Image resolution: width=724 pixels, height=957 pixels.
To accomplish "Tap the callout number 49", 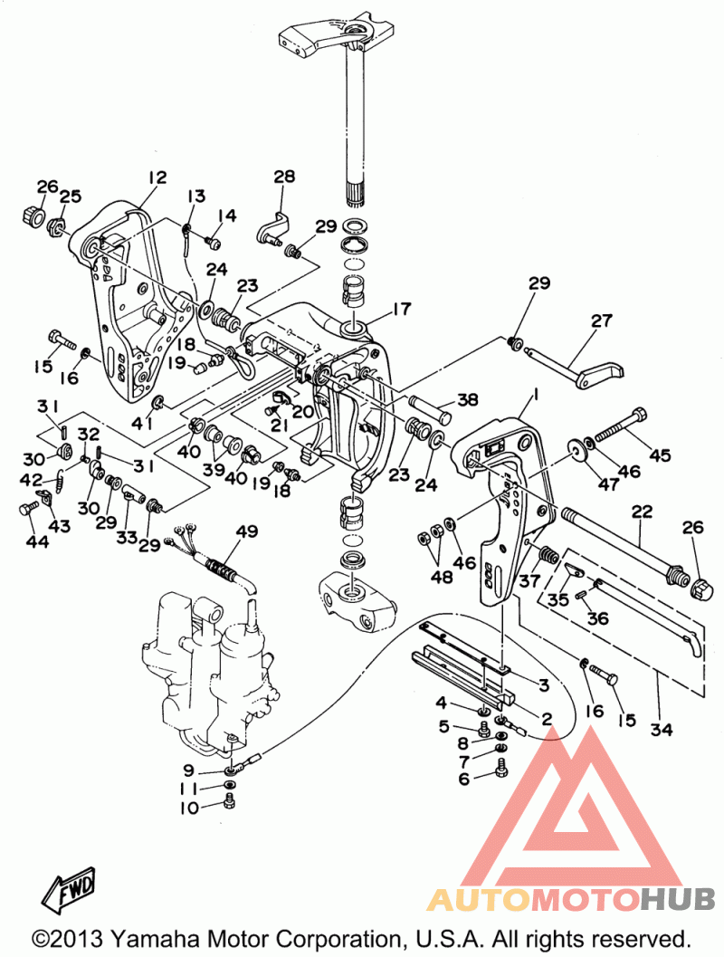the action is pyautogui.click(x=246, y=531).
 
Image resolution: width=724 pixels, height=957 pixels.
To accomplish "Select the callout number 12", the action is pyautogui.click(x=157, y=177).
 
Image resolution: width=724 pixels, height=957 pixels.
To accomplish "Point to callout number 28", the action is pyautogui.click(x=283, y=177).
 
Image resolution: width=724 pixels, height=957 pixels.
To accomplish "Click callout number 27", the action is pyautogui.click(x=601, y=320).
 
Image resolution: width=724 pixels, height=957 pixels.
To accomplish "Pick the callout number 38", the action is pyautogui.click(x=468, y=399).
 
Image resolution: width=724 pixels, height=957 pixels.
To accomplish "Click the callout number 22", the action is pyautogui.click(x=642, y=511).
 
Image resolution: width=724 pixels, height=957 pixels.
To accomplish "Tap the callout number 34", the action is pyautogui.click(x=662, y=729).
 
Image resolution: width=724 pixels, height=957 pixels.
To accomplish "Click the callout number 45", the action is pyautogui.click(x=660, y=455).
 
